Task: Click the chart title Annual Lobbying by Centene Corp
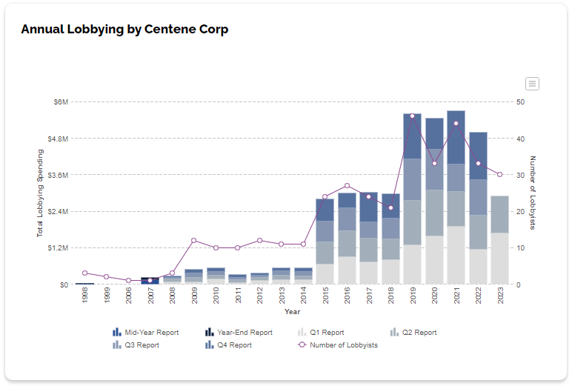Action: [124, 30]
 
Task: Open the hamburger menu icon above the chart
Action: [532, 84]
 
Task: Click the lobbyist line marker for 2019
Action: [413, 116]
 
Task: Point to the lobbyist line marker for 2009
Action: [194, 240]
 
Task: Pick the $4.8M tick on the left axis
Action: [58, 139]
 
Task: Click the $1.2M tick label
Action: [58, 248]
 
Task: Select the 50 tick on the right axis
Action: [521, 102]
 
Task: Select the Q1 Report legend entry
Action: [321, 333]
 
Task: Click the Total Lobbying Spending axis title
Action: [41, 193]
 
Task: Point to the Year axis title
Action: [292, 312]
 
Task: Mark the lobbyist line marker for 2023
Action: [499, 175]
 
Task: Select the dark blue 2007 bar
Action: [150, 281]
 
